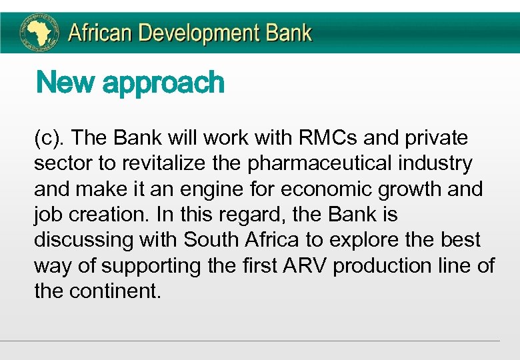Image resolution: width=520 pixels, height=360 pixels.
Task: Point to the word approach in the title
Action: click(163, 85)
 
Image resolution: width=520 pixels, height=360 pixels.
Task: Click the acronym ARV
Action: click(305, 265)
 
